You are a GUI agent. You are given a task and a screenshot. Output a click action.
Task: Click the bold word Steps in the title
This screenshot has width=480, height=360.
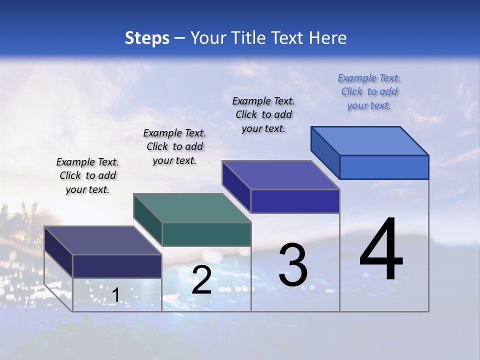(x=147, y=38)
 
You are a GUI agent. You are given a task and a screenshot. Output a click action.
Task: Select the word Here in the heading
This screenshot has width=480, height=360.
(x=328, y=38)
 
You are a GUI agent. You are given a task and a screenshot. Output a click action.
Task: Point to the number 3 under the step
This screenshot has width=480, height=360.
(x=293, y=265)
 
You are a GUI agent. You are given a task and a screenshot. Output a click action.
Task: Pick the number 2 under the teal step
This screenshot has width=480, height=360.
(x=201, y=280)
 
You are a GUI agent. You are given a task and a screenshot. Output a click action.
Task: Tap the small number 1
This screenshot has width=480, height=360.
(x=116, y=295)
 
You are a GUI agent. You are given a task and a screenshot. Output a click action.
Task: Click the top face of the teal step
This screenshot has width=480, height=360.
(x=191, y=208)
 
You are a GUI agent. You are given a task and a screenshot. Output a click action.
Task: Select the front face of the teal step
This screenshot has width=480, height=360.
(x=206, y=234)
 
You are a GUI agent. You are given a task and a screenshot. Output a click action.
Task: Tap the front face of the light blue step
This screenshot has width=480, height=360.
(x=384, y=167)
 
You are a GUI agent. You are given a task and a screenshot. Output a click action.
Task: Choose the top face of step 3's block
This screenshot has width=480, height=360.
(x=280, y=175)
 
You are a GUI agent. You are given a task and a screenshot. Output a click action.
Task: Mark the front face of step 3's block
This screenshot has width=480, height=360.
(x=295, y=201)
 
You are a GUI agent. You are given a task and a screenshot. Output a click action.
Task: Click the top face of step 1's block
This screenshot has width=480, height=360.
(x=102, y=240)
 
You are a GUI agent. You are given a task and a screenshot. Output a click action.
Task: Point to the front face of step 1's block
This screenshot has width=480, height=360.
(x=117, y=266)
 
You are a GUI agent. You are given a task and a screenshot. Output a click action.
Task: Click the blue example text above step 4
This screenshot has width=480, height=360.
(x=369, y=91)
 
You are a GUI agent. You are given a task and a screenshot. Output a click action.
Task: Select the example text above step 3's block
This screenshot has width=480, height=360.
(x=263, y=114)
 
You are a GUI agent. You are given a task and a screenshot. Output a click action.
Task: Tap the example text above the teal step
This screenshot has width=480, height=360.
(x=174, y=146)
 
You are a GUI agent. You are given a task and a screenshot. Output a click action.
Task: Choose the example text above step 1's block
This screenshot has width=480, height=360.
(x=87, y=175)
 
